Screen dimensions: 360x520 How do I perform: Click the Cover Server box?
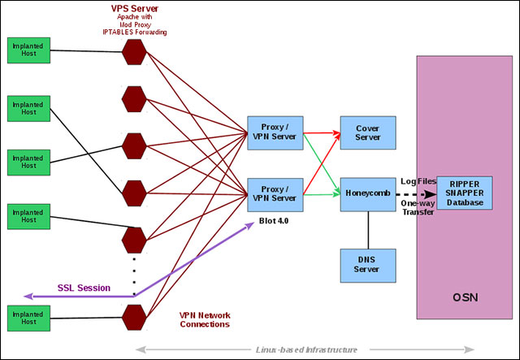click(368, 132)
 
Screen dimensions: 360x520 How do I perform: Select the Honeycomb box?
click(368, 194)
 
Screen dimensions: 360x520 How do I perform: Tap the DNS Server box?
click(368, 265)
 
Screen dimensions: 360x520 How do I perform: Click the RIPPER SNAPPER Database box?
click(464, 193)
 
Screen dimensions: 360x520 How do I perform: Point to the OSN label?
click(464, 297)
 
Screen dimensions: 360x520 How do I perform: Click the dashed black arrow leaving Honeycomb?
click(414, 195)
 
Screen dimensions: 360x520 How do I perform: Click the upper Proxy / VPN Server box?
click(275, 132)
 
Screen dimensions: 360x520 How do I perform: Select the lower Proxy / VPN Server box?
click(275, 194)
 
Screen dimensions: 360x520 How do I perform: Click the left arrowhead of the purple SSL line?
click(28, 296)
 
